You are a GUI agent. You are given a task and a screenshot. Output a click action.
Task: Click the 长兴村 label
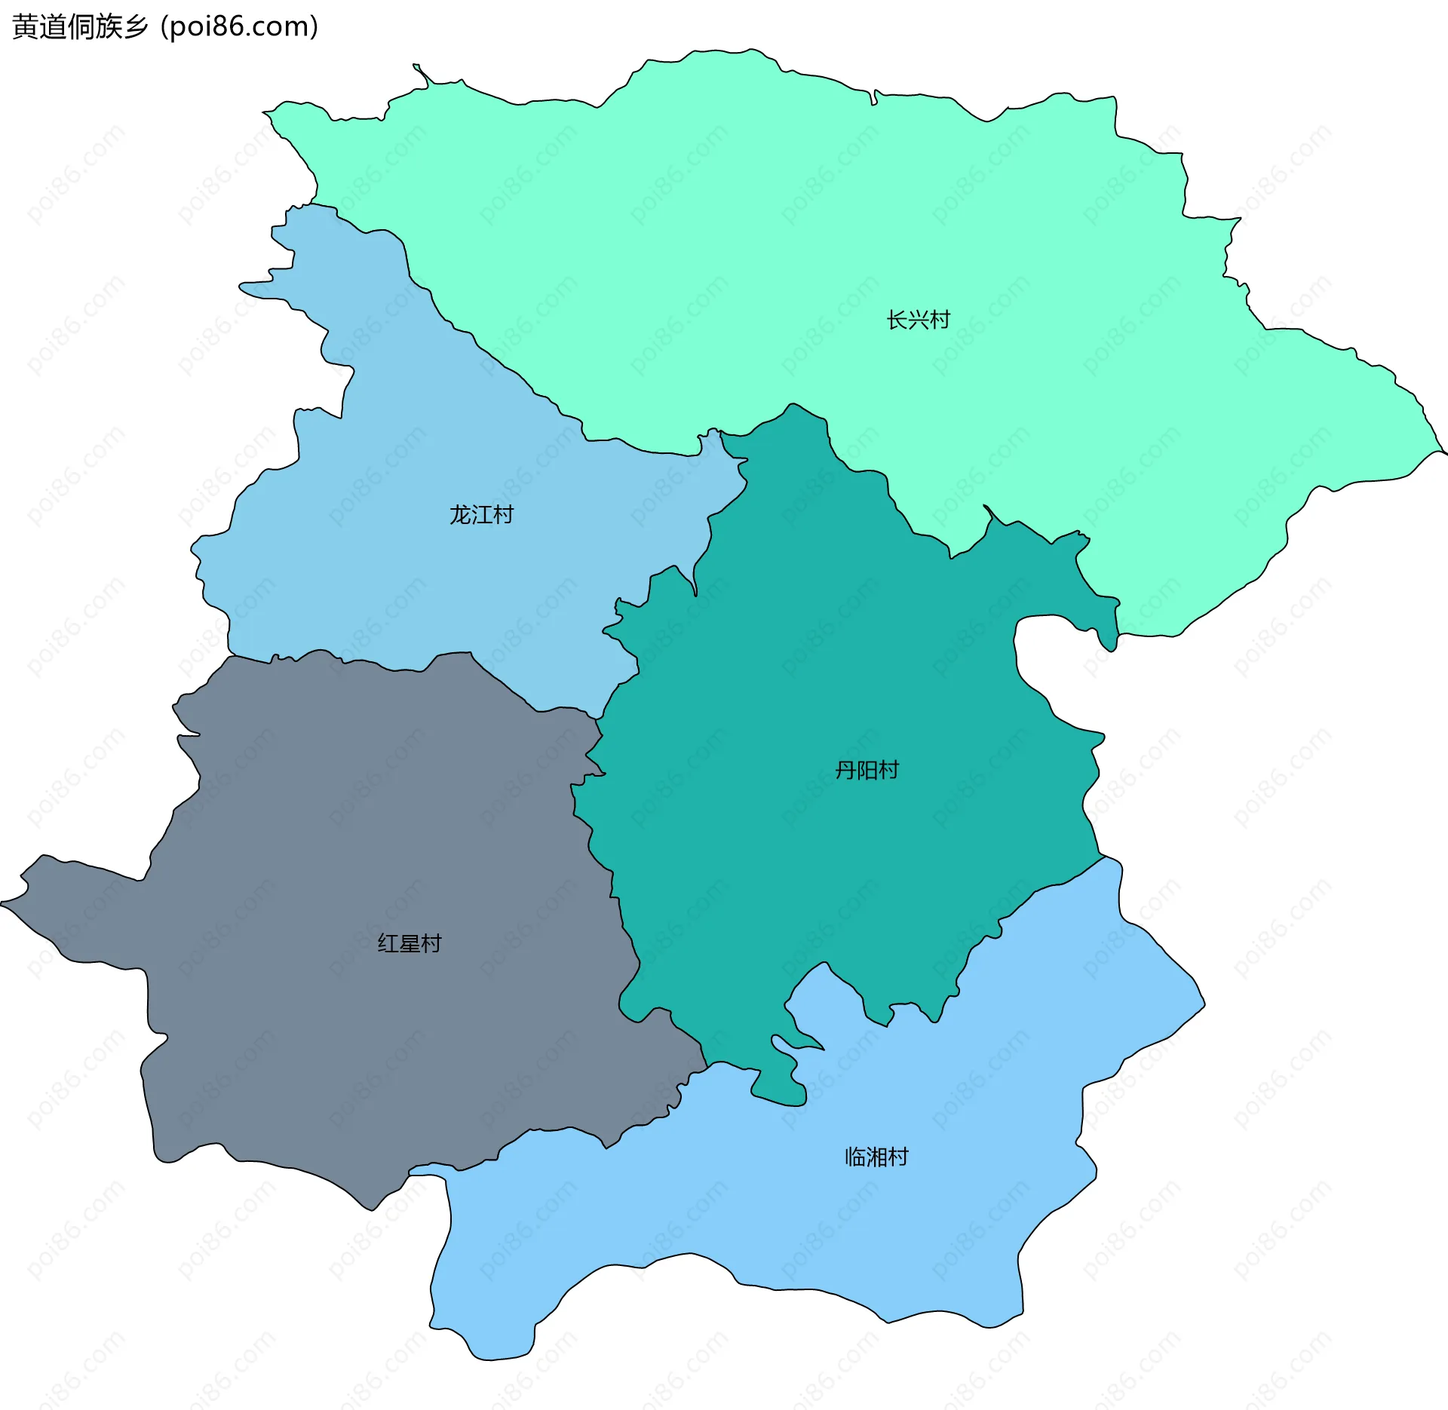[x=918, y=320]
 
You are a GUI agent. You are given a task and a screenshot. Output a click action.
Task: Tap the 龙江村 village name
[x=481, y=515]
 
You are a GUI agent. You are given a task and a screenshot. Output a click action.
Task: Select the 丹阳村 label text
[x=867, y=770]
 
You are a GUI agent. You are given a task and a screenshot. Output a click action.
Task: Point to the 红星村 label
[x=409, y=943]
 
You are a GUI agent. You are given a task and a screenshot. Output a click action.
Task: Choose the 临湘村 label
[x=876, y=1157]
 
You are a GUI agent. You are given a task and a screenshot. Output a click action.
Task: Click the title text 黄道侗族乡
[x=80, y=27]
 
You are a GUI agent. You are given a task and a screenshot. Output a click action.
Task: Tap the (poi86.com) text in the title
[x=239, y=27]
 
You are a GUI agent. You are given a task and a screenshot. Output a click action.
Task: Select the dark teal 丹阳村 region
[x=830, y=679]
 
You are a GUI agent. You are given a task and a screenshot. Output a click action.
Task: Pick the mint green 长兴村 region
[x=754, y=226]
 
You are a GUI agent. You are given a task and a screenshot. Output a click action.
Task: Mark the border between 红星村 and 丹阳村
[x=613, y=875]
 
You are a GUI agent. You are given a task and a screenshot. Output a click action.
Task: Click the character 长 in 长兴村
[x=897, y=320]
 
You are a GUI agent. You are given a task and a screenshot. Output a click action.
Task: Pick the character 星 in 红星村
[x=409, y=943]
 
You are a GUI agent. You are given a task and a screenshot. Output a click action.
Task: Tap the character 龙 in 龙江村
[x=460, y=515]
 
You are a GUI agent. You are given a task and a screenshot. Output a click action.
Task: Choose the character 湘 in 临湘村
[x=876, y=1157]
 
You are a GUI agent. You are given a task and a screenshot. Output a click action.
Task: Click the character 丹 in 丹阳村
[x=845, y=770]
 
